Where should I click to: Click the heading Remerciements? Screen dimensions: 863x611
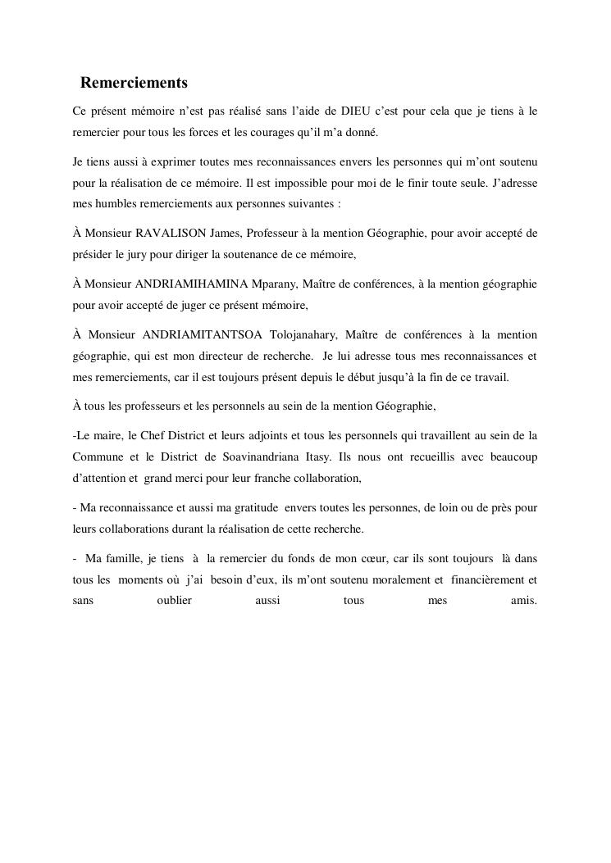134,84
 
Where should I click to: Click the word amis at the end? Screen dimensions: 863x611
523,602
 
